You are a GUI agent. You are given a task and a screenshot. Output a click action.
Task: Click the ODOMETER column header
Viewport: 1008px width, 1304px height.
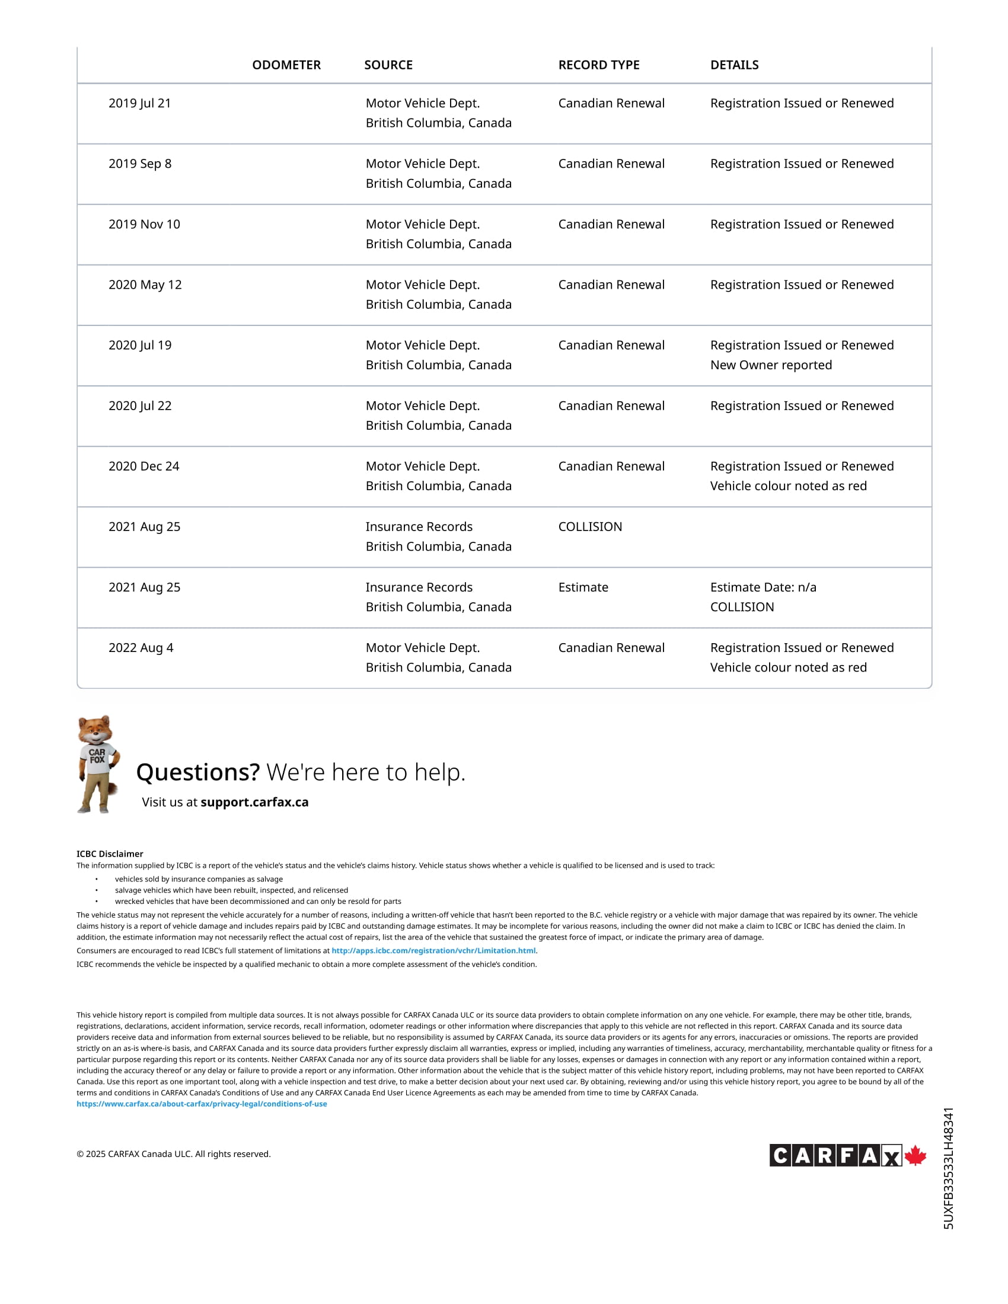tap(286, 65)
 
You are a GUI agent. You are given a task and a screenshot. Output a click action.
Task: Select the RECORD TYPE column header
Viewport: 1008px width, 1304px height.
tap(598, 65)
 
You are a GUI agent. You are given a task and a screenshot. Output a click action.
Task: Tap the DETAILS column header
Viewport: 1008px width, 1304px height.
tap(734, 65)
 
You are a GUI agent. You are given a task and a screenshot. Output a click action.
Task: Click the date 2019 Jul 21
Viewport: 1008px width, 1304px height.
tap(140, 103)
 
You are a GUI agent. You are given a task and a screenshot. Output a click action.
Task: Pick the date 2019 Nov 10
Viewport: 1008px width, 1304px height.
tap(144, 225)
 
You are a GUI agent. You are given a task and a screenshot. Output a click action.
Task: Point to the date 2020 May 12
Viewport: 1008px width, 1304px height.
tap(145, 285)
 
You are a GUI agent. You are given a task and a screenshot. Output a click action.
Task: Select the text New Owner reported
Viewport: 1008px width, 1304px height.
tap(770, 365)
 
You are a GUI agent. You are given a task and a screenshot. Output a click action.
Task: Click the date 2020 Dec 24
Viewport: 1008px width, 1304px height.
tap(144, 466)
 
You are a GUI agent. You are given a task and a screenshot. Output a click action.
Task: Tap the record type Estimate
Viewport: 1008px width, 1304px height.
tap(583, 587)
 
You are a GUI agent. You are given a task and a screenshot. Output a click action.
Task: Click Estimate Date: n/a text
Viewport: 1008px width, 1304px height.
tap(763, 587)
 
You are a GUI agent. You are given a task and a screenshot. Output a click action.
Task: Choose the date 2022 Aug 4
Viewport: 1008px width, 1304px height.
tap(141, 648)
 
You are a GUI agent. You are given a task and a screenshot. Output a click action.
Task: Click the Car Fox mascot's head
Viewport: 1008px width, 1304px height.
tap(96, 730)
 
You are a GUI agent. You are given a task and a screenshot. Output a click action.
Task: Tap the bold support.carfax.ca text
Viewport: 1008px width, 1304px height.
tap(254, 802)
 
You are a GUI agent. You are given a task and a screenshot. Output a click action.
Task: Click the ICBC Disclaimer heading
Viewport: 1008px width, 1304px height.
tap(110, 854)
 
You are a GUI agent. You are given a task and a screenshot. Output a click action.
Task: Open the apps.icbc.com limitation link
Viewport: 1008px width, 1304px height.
tap(433, 951)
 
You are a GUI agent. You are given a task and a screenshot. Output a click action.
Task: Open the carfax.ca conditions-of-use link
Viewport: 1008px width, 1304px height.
tap(202, 1104)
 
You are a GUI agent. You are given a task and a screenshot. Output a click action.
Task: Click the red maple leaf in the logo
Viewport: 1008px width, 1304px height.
tap(916, 1155)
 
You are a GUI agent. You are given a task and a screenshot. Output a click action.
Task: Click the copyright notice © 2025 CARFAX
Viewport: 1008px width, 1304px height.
tap(174, 1154)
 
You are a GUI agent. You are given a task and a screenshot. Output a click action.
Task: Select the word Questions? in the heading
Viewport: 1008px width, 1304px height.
tap(197, 772)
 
